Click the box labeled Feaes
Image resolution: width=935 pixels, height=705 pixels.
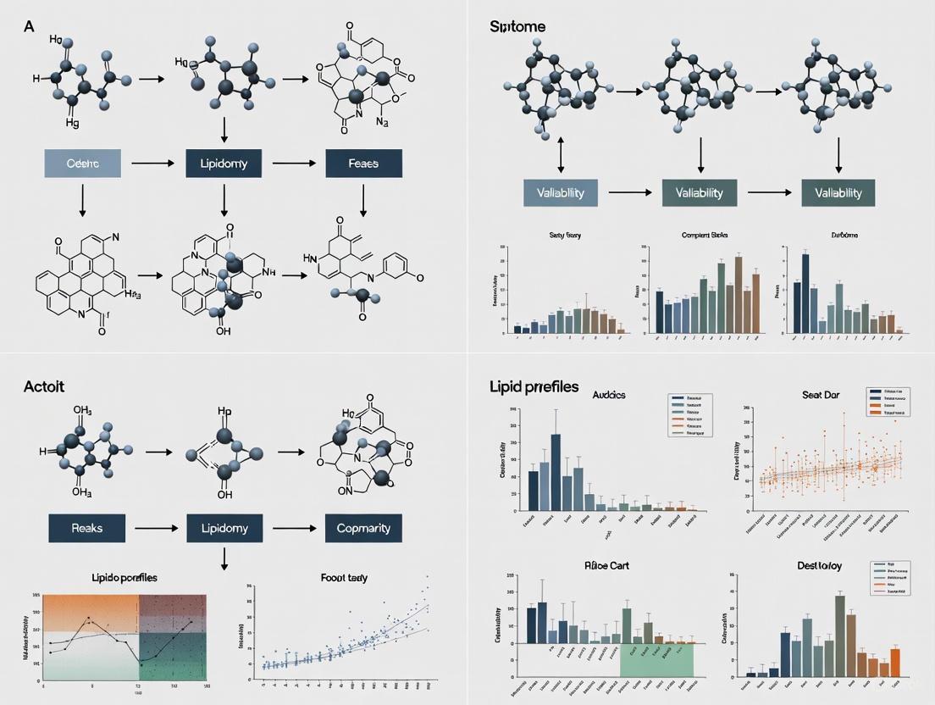pyautogui.click(x=363, y=164)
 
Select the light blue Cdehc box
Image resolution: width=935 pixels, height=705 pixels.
pyautogui.click(x=82, y=164)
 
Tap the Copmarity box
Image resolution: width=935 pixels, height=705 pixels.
pyautogui.click(x=363, y=528)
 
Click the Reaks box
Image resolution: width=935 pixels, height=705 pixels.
pyautogui.click(x=87, y=528)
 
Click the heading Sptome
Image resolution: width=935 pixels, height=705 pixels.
pyautogui.click(x=517, y=26)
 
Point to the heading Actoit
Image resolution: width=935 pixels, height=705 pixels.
pyautogui.click(x=44, y=386)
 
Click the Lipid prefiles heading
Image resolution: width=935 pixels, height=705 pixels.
pyautogui.click(x=534, y=386)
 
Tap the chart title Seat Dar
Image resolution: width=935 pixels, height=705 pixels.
pyautogui.click(x=820, y=394)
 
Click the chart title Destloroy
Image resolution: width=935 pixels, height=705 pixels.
pyautogui.click(x=819, y=564)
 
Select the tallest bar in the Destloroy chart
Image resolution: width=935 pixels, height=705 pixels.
pyautogui.click(x=839, y=635)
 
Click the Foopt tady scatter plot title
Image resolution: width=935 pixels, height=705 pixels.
pyautogui.click(x=344, y=577)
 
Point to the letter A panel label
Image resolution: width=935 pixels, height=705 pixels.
pyautogui.click(x=29, y=26)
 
